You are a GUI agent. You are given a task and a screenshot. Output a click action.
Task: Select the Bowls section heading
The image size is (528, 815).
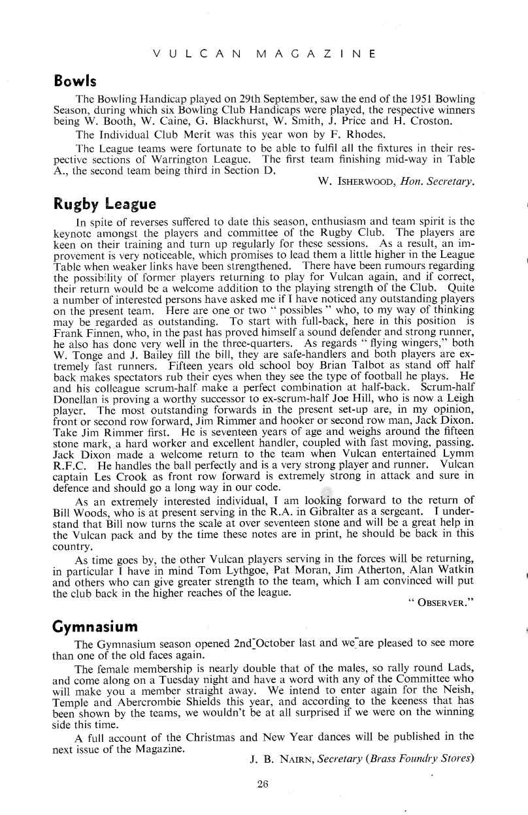tap(75, 82)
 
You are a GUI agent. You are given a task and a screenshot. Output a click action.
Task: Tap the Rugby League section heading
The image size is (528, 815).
tap(104, 203)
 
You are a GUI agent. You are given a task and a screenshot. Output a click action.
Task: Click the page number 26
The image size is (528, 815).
tap(263, 784)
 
